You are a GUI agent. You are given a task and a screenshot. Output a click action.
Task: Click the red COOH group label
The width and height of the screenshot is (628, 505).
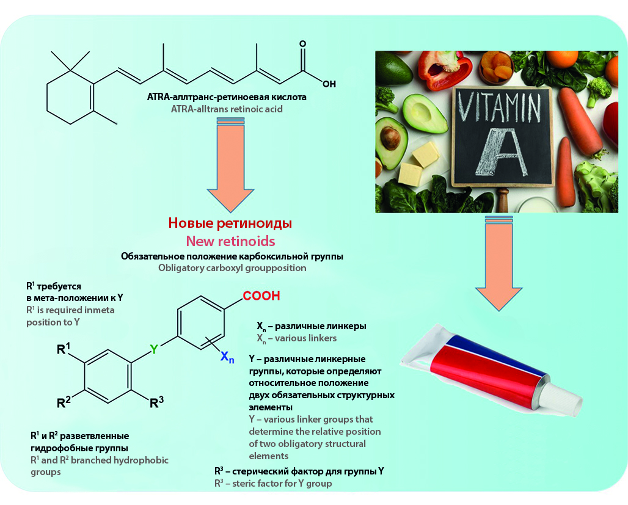coord(261,296)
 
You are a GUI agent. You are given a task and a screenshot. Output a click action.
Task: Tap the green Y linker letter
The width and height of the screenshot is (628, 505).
coord(154,349)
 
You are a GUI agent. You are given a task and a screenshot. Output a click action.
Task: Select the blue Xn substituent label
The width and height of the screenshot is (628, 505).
coord(227,357)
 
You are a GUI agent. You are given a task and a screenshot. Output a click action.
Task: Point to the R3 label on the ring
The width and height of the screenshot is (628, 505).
coord(157,402)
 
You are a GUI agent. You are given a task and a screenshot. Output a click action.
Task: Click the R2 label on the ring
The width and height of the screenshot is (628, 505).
coord(64,402)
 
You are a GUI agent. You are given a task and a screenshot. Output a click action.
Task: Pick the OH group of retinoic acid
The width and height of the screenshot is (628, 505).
coord(329,84)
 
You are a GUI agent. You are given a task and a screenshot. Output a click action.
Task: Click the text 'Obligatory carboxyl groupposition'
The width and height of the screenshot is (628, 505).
coord(232,267)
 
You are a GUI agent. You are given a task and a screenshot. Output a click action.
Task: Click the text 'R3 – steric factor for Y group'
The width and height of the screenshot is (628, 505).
coord(272,484)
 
